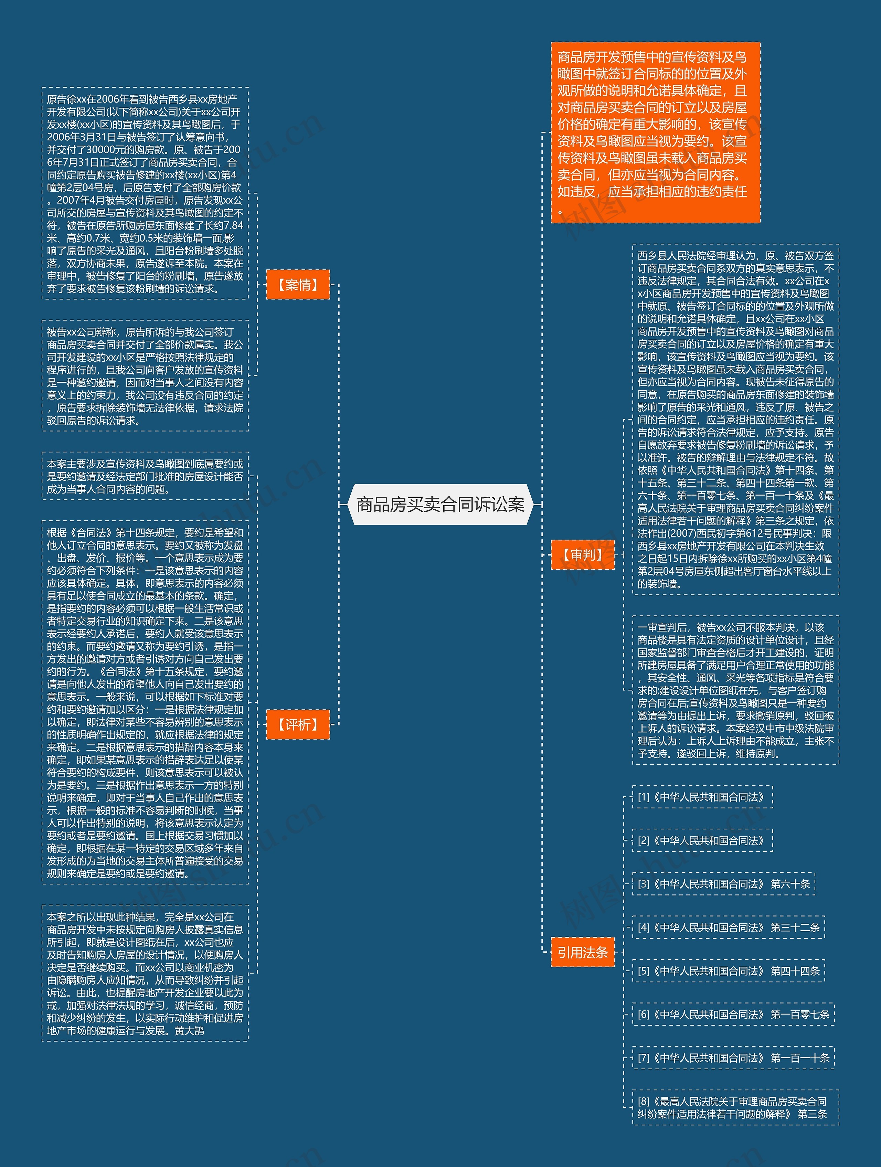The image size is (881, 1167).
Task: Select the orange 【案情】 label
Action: point(298,285)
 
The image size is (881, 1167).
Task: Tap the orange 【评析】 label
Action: point(298,724)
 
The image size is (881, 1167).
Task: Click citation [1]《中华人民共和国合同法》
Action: point(702,797)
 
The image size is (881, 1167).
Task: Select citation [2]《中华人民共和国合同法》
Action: point(702,840)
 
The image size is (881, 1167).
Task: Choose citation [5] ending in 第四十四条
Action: point(728,971)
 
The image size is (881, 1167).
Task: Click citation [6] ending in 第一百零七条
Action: point(733,1014)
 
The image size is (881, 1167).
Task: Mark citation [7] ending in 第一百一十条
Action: point(733,1058)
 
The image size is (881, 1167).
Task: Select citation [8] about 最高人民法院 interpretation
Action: point(735,1107)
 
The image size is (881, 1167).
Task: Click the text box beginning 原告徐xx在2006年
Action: point(145,194)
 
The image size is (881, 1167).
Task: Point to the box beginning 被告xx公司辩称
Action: point(145,375)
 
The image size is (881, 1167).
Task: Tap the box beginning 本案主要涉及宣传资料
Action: point(145,476)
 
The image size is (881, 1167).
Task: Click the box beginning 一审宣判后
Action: point(735,690)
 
